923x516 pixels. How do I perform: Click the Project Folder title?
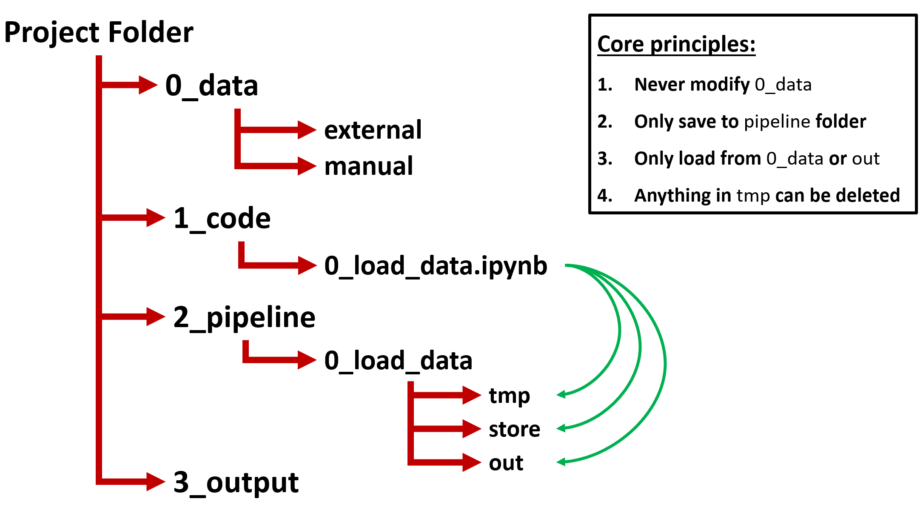coord(99,33)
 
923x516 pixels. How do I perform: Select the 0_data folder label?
coord(211,85)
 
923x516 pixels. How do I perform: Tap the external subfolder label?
coord(373,130)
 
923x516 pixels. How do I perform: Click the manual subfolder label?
coord(368,166)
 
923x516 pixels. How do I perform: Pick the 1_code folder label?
coord(222,218)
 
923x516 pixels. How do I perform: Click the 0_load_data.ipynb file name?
coord(436,266)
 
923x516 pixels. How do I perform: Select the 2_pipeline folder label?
coord(244,317)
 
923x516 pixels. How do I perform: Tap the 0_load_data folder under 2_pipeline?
coord(398,361)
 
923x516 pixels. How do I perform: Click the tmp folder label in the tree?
coord(509,396)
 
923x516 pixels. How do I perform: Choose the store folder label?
coord(514,429)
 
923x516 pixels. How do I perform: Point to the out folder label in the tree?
coord(506,463)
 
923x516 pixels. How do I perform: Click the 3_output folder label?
coord(236,483)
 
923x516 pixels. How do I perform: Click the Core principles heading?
coord(676,44)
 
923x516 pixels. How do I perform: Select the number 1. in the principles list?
coord(605,85)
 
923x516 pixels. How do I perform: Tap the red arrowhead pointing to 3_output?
coord(155,482)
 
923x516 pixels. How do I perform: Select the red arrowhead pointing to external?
coord(306,130)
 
